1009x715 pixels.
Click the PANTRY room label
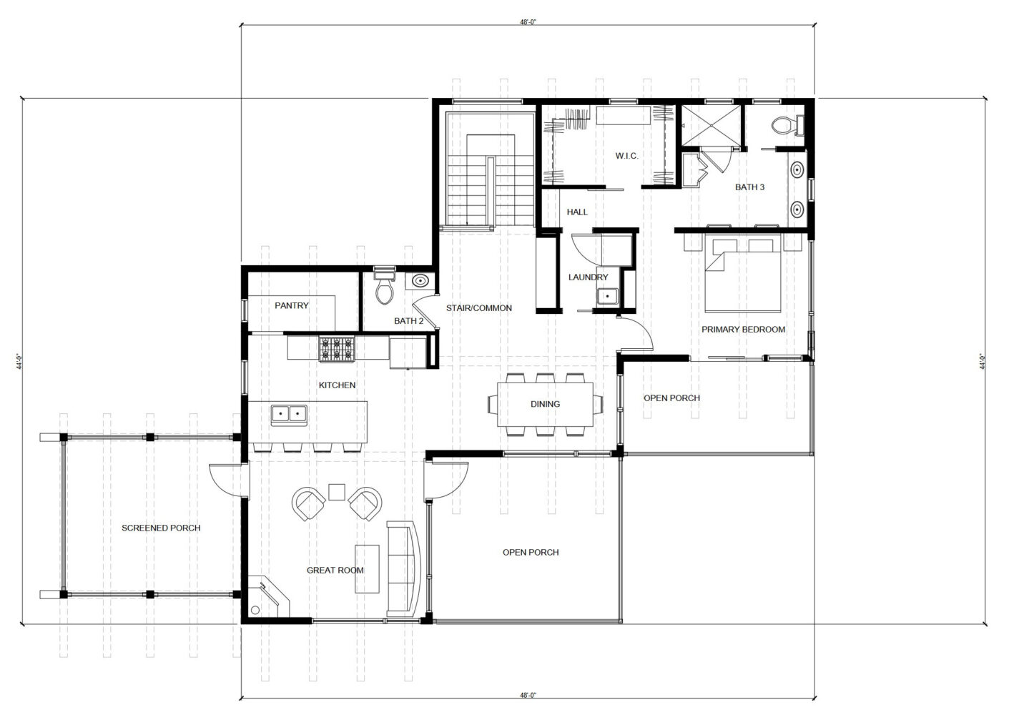click(292, 306)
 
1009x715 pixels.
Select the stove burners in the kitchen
click(337, 350)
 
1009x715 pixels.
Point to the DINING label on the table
click(545, 404)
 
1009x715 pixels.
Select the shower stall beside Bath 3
click(710, 126)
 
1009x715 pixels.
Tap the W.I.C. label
click(626, 157)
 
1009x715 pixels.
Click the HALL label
click(577, 212)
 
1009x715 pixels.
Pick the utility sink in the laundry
click(608, 297)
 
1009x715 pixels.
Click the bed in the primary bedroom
click(742, 275)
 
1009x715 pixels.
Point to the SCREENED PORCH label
click(161, 528)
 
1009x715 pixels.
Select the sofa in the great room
click(403, 568)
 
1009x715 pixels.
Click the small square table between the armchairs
click(337, 492)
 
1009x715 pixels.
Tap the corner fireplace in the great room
click(268, 596)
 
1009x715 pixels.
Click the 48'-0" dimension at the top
click(528, 21)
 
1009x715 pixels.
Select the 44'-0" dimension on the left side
click(19, 362)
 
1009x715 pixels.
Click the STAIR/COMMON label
click(479, 308)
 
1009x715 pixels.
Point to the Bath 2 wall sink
click(420, 282)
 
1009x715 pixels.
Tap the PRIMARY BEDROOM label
click(743, 330)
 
